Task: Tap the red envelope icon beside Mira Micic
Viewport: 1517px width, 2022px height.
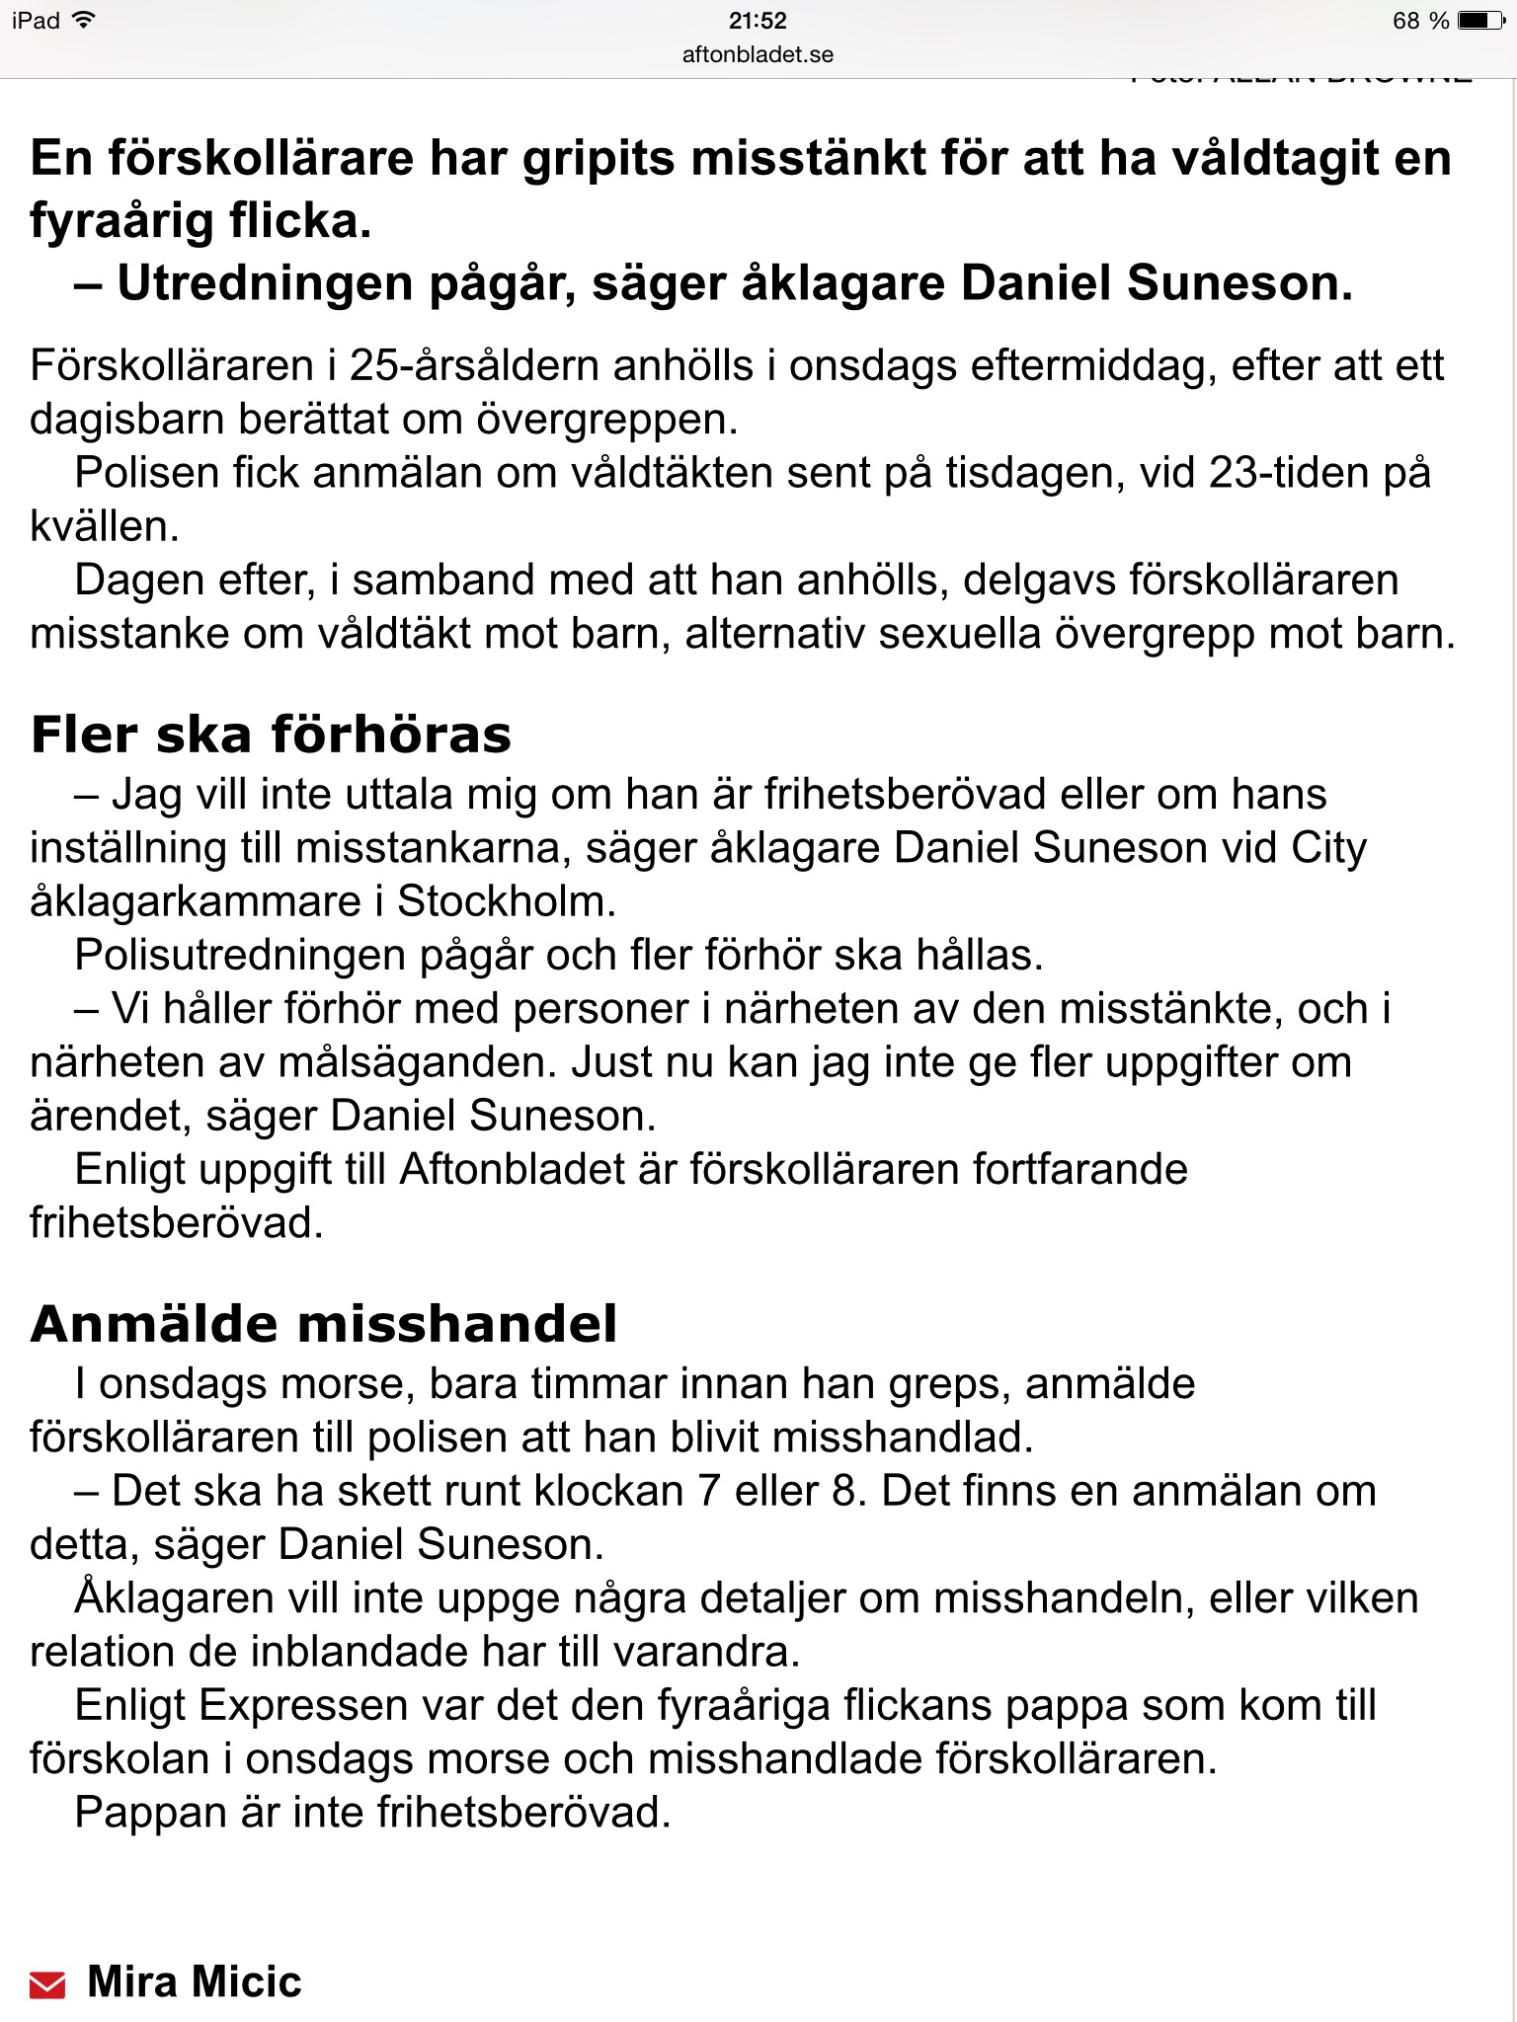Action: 47,1983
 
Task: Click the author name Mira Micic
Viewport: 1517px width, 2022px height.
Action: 195,1982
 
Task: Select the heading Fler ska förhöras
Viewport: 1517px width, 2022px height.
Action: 272,735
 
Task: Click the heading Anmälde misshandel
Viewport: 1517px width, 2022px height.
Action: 324,1324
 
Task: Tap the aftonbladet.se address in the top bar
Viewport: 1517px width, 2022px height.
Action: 758,55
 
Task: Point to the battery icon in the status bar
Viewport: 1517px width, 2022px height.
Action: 1480,21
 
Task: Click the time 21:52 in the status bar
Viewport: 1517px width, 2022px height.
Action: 758,21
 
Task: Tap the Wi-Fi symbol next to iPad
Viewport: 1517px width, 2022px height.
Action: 85,20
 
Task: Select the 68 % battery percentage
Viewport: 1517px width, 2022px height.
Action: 1420,21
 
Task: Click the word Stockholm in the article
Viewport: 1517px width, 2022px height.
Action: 506,901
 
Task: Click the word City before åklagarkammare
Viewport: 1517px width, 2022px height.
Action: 1328,848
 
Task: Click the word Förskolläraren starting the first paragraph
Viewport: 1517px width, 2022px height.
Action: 172,366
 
